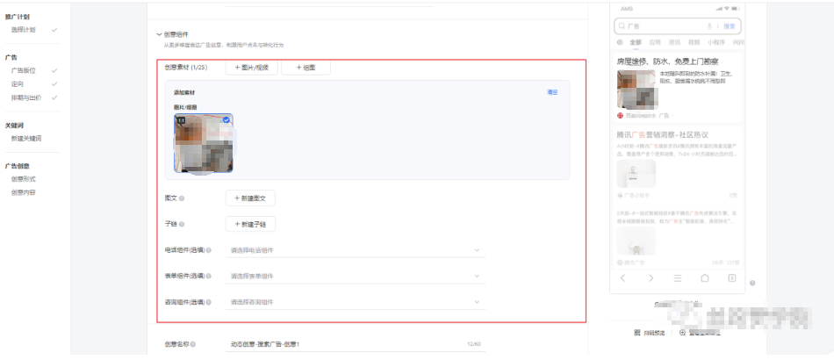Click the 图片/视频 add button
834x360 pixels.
pyautogui.click(x=251, y=68)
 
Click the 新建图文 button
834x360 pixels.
pyautogui.click(x=251, y=198)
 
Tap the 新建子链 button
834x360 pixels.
pyautogui.click(x=251, y=224)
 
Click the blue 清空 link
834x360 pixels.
pyautogui.click(x=552, y=92)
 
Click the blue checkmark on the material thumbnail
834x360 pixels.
pyautogui.click(x=226, y=120)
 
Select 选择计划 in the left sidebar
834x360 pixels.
pyautogui.click(x=24, y=30)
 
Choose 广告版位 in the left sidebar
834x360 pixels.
pyautogui.click(x=24, y=70)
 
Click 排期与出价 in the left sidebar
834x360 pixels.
pyautogui.click(x=25, y=97)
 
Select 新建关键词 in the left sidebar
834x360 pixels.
pyautogui.click(x=26, y=138)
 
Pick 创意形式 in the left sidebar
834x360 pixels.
pyautogui.click(x=24, y=178)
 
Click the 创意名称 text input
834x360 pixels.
pyautogui.click(x=342, y=344)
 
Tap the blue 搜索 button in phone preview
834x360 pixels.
pyautogui.click(x=730, y=26)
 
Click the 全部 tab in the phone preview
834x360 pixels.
pyautogui.click(x=636, y=42)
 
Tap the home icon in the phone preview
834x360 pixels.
pyautogui.click(x=704, y=278)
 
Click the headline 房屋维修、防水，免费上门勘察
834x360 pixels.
pyautogui.click(x=667, y=61)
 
